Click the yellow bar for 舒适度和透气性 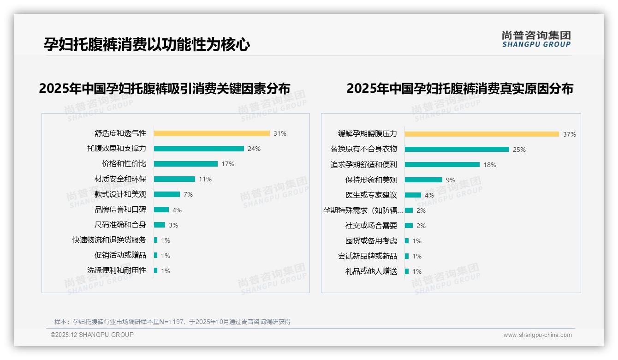pyautogui.click(x=212, y=133)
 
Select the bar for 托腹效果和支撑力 pyautogui.click(x=199, y=149)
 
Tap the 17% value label pyautogui.click(x=228, y=164)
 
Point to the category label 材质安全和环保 pyautogui.click(x=120, y=179)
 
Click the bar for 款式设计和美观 pyautogui.click(x=167, y=194)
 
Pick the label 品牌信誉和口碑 pyautogui.click(x=120, y=210)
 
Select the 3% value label pyautogui.click(x=173, y=225)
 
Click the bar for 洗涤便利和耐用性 pyautogui.click(x=156, y=270)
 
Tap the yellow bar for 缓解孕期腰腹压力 pyautogui.click(x=482, y=134)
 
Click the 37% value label pyautogui.click(x=569, y=135)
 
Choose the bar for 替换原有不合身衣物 pyautogui.click(x=457, y=150)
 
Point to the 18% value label pyautogui.click(x=489, y=165)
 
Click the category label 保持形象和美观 pyautogui.click(x=371, y=180)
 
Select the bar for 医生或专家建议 pyautogui.click(x=413, y=195)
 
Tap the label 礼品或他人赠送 pyautogui.click(x=371, y=271)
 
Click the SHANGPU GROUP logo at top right pyautogui.click(x=536, y=39)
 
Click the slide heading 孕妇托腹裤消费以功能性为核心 pyautogui.click(x=147, y=45)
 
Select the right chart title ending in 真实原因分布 pyautogui.click(x=459, y=88)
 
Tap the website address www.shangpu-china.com pyautogui.click(x=537, y=335)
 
